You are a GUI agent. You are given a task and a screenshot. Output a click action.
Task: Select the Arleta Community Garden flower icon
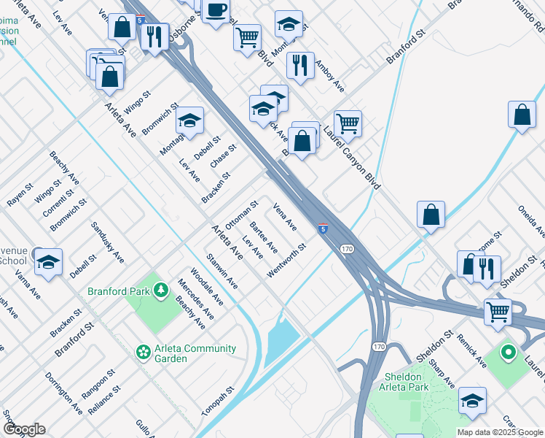[x=144, y=353]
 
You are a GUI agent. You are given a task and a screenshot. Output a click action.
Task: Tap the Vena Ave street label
[x=284, y=216]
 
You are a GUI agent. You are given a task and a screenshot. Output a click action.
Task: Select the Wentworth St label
[x=286, y=261]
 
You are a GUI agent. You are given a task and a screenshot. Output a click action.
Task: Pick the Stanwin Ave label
[x=221, y=270]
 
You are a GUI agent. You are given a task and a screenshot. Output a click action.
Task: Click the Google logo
[x=23, y=429]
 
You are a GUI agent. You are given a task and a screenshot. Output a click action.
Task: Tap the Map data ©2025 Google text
[x=499, y=432]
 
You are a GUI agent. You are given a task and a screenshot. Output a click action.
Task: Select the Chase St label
[x=223, y=156]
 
